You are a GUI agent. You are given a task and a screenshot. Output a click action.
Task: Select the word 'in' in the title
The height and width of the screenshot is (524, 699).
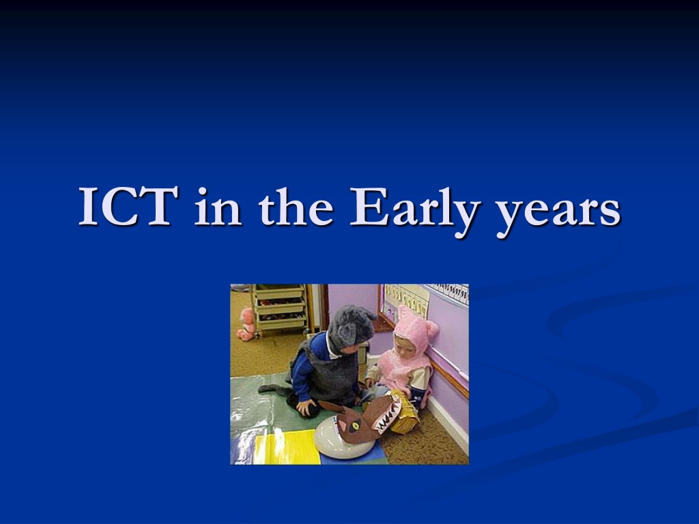[x=218, y=206]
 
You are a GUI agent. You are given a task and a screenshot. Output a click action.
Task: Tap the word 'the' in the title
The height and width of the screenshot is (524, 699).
[x=296, y=206]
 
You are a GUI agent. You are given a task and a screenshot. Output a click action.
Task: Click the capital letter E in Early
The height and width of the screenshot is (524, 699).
[x=367, y=206]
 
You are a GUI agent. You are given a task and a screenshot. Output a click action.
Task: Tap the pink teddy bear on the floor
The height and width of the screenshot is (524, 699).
[x=246, y=324]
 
